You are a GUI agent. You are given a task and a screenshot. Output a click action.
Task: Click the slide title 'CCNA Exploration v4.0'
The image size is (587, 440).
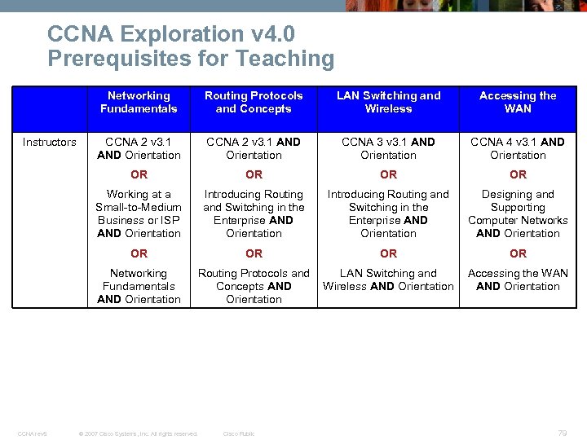pos(171,34)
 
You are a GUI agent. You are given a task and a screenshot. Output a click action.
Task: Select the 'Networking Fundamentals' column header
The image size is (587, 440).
pos(139,102)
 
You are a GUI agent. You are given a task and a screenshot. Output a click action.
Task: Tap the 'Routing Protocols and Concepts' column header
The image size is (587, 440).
pos(254,102)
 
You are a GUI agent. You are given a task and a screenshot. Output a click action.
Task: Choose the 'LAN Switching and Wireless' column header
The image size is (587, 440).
pos(388,102)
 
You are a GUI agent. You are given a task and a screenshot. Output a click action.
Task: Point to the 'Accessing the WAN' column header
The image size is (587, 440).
pos(518,102)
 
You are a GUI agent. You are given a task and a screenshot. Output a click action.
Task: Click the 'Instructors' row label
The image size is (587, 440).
pos(49,142)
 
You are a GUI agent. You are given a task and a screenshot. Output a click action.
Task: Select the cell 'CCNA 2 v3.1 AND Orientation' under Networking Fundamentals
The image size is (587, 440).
pos(139,148)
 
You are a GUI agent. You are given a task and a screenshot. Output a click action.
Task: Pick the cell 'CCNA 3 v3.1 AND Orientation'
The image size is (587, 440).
pos(388,148)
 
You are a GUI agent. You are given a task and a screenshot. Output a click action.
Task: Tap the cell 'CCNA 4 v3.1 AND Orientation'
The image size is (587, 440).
pos(518,148)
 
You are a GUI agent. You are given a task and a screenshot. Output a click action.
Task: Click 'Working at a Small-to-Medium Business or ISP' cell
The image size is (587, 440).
pos(139,213)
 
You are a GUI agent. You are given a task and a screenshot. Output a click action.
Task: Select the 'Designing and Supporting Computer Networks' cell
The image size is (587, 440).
pos(518,213)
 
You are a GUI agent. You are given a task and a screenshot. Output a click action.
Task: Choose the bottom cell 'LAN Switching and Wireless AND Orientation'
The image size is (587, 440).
pos(388,279)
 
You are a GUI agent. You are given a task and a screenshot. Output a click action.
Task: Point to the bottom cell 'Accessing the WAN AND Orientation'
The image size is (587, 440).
pos(518,279)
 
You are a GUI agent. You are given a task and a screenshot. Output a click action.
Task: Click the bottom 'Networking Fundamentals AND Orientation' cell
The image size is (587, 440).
pos(139,286)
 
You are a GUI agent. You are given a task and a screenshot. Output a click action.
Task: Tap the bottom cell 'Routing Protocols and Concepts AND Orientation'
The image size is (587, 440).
pos(254,286)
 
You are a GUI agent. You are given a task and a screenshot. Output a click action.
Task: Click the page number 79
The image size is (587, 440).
pos(562,433)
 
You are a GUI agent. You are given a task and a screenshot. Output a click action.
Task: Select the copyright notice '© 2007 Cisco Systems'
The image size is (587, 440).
pos(137,433)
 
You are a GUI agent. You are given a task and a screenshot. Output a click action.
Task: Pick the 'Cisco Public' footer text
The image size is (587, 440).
pos(239,433)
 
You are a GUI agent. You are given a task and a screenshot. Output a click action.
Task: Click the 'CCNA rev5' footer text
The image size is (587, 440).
pos(33,433)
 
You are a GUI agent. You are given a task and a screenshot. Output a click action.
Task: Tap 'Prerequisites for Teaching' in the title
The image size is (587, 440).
pos(191,59)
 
